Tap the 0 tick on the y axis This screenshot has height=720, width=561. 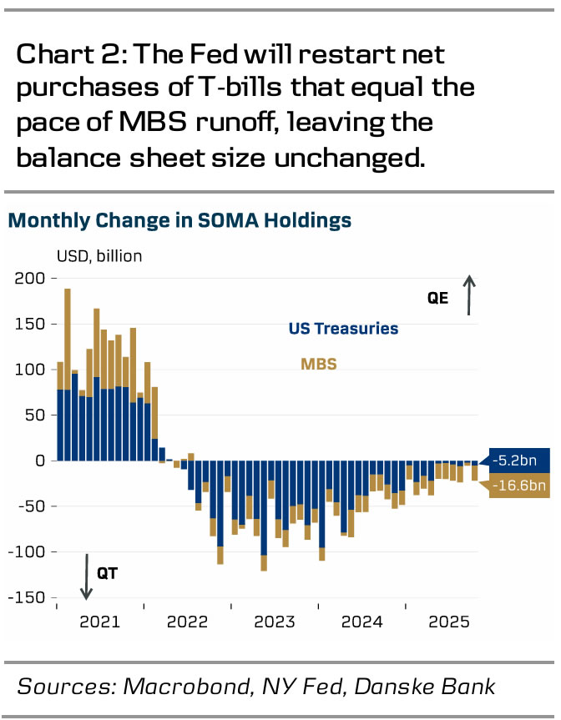pos(38,461)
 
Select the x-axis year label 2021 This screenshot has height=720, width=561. pos(99,622)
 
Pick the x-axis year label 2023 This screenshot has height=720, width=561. pos(274,622)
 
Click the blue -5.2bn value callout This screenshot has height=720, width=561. pos(519,460)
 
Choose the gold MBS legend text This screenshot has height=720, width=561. pos(319,364)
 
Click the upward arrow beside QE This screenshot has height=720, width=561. pos(470,296)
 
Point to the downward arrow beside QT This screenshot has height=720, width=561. pos(85,576)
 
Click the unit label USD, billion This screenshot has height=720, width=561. pos(99,256)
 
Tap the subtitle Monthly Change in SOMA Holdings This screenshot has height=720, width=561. pos(179,221)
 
